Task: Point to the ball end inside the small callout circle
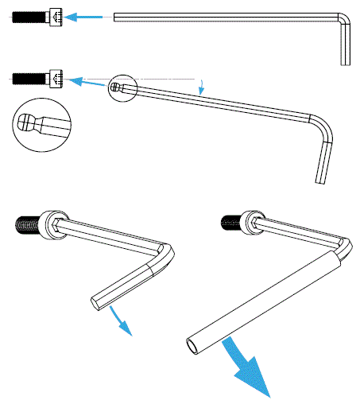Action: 116,87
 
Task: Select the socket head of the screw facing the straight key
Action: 55,17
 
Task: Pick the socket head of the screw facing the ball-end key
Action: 56,78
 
